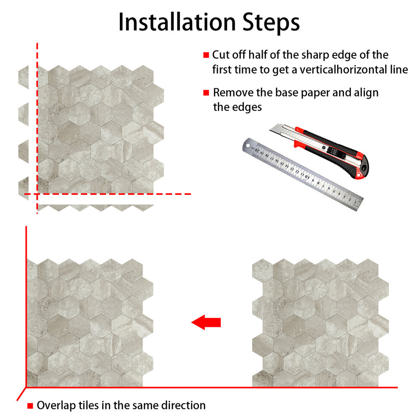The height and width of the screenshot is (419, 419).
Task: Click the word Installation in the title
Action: tap(177, 22)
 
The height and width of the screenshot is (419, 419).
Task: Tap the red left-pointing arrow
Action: tap(206, 322)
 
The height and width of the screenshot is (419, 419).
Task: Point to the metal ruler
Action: tap(303, 174)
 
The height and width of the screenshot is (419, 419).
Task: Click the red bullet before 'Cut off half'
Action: tap(206, 55)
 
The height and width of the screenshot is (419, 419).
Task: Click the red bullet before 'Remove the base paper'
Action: tap(206, 93)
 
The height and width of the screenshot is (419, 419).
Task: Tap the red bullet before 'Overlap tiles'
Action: tap(30, 406)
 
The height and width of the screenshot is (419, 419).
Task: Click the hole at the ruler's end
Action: tap(248, 146)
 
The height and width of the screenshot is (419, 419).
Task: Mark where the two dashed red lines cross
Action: tap(37, 194)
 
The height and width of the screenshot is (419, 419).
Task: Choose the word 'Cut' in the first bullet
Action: tap(221, 55)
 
